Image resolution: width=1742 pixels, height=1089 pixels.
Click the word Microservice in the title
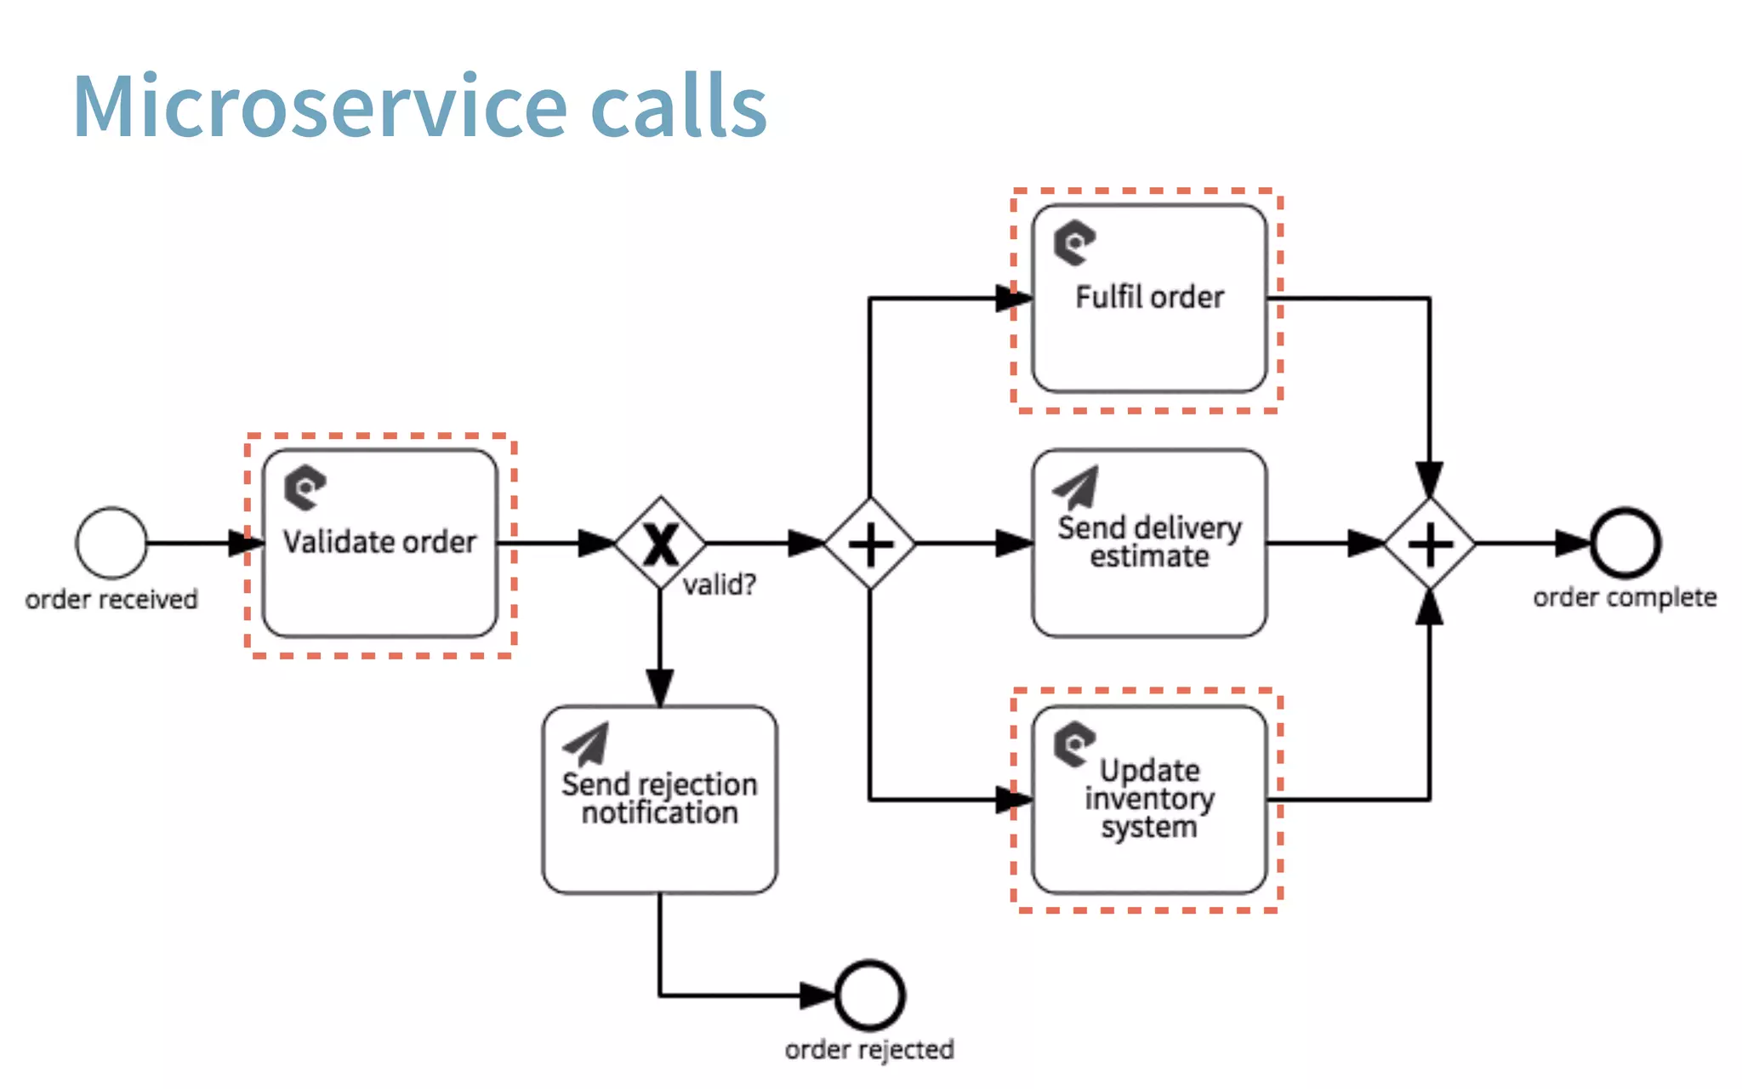[320, 107]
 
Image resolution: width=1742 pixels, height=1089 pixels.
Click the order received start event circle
[111, 543]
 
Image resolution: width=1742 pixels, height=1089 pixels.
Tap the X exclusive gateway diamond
[660, 543]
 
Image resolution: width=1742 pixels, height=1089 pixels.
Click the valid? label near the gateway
[720, 585]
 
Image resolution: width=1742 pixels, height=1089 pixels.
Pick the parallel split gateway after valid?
[869, 544]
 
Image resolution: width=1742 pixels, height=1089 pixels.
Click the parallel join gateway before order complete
[1430, 544]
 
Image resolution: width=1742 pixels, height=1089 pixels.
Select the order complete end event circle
[1625, 543]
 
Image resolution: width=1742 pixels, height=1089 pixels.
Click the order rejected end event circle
[869, 995]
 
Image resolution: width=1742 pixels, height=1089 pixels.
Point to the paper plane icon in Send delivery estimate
[1077, 487]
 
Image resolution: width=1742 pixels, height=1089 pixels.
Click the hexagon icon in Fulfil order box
[1074, 242]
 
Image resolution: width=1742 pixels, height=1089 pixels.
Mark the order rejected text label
[869, 1050]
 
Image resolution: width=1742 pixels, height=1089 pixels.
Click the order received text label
[111, 600]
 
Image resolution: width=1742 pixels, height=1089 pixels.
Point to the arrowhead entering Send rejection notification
[660, 687]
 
